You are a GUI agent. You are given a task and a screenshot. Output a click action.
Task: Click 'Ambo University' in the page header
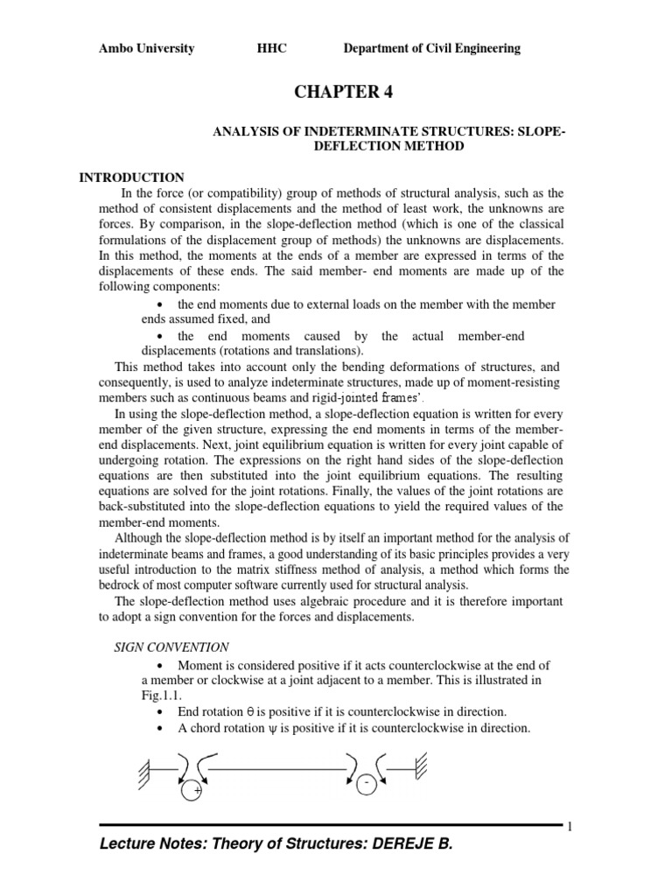[146, 49]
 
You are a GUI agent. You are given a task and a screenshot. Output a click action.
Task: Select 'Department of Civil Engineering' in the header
[431, 49]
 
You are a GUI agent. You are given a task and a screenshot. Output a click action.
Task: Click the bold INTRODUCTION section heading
[132, 178]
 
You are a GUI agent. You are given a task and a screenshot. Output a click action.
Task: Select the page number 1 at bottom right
[569, 829]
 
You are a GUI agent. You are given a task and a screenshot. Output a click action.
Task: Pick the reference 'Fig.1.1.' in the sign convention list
[162, 696]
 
